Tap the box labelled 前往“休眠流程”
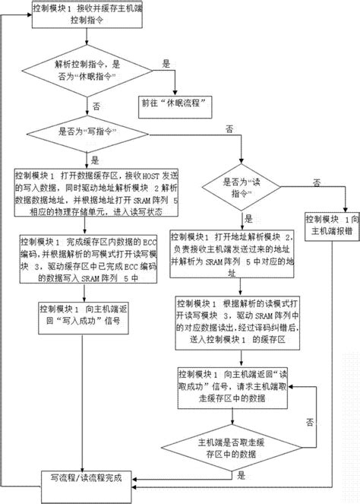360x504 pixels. pos(176,100)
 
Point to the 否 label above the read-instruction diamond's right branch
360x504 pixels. pos(315,180)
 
